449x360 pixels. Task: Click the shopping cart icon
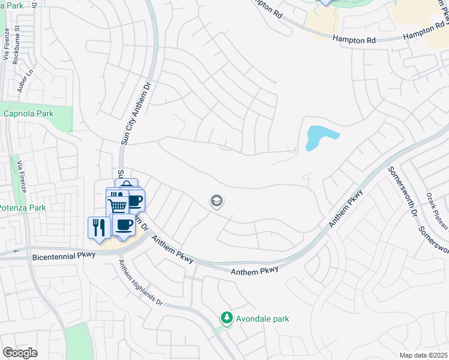pos(118,206)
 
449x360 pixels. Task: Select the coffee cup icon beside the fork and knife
pos(124,225)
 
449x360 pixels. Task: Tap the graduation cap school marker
pos(217,202)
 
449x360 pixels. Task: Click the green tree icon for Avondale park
pos(226,317)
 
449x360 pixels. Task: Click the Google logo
pos(20,353)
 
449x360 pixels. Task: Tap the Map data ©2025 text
pos(423,355)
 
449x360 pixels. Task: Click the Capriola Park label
pos(28,113)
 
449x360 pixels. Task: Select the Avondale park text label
pos(263,318)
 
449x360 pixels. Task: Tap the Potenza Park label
pos(23,208)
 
